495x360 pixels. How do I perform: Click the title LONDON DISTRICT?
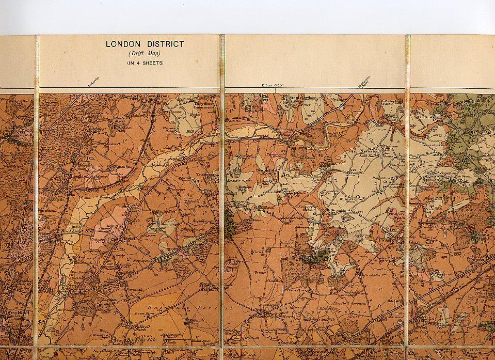pyautogui.click(x=145, y=44)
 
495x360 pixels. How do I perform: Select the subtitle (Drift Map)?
pyautogui.click(x=145, y=53)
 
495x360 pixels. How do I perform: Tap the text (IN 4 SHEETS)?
pyautogui.click(x=145, y=62)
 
